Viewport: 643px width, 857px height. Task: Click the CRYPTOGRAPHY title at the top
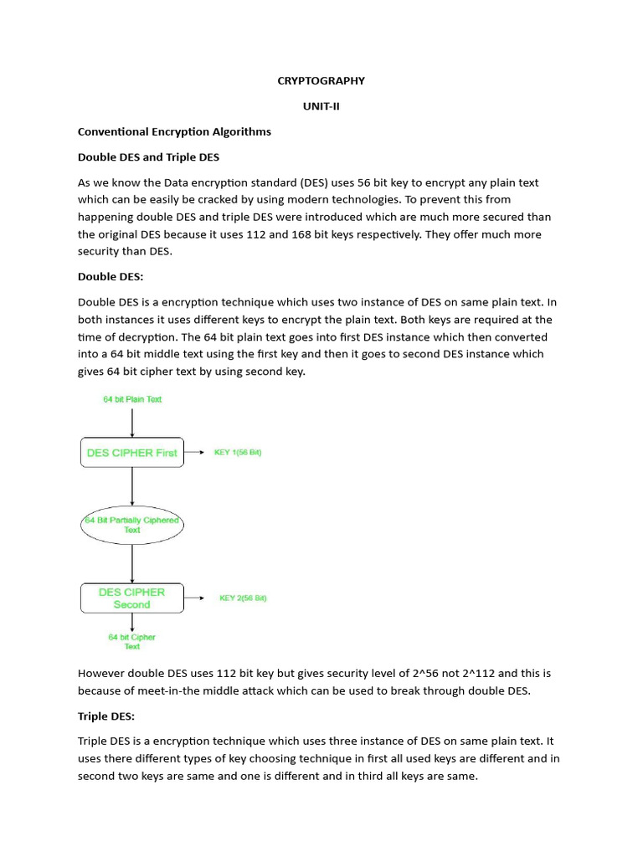click(x=321, y=81)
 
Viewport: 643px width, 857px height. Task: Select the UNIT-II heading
click(x=321, y=106)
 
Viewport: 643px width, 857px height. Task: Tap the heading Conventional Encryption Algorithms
click(x=174, y=131)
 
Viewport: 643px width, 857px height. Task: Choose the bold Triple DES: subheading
click(x=106, y=717)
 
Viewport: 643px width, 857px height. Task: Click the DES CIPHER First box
click(x=132, y=453)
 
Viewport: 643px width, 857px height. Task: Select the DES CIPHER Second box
click(x=132, y=598)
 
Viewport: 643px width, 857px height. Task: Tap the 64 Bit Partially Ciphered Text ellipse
click(x=132, y=525)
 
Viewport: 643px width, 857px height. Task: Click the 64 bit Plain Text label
click(x=132, y=399)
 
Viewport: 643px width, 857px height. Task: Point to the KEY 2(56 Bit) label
click(x=244, y=598)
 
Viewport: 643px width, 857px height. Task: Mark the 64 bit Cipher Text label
click(x=132, y=642)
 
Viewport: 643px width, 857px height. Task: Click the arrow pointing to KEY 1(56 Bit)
click(x=195, y=453)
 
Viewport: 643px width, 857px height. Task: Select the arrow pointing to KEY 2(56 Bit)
click(x=195, y=598)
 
